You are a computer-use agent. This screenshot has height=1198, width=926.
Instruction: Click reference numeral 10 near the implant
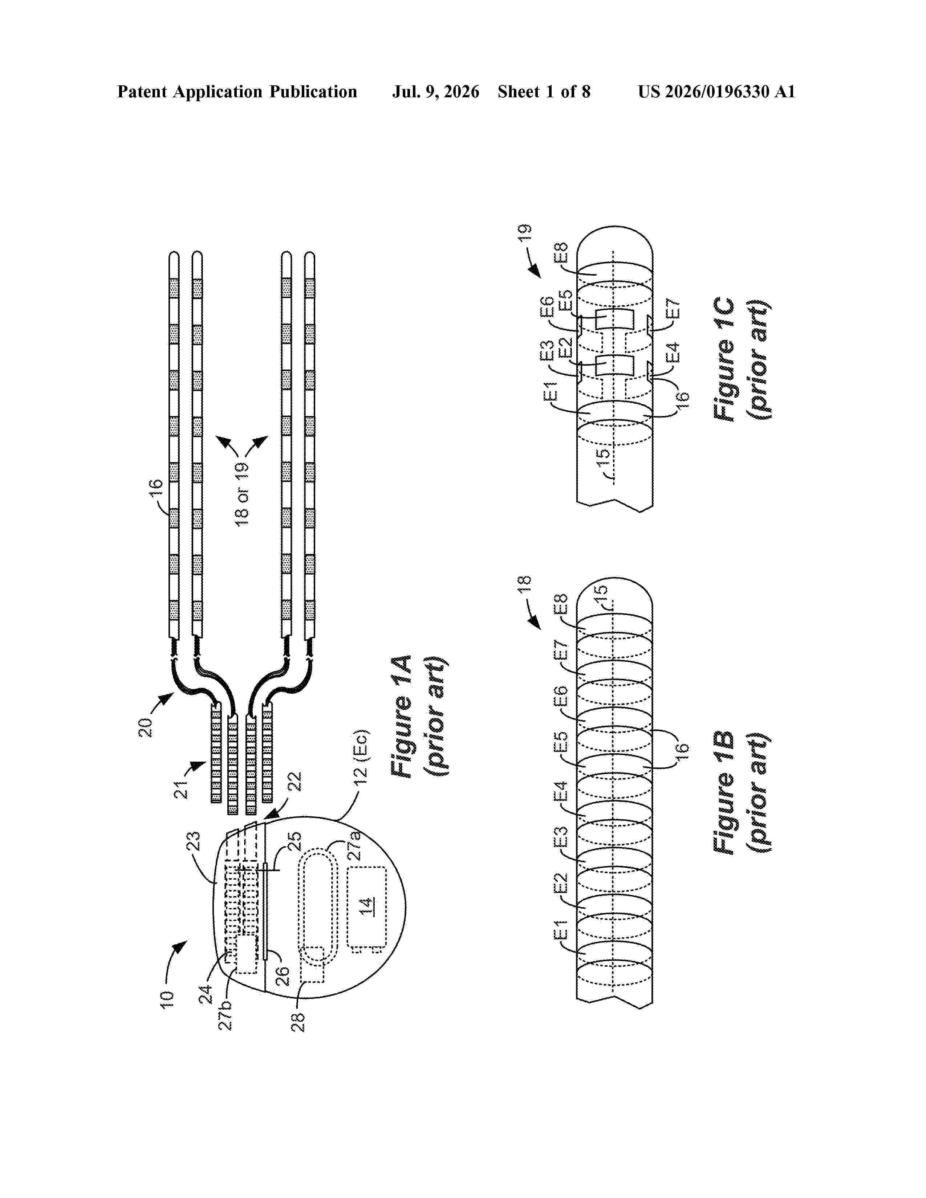coord(167,998)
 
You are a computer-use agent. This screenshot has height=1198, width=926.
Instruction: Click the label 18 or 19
coord(242,494)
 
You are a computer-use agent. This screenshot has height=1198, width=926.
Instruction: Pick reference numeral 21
coord(182,789)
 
